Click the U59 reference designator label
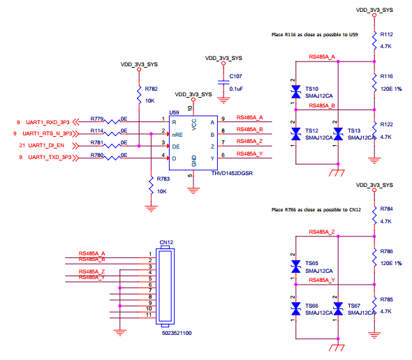174,112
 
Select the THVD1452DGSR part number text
232,173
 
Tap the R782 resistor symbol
139,94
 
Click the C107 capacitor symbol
223,82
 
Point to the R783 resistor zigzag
151,185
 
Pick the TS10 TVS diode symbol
296,92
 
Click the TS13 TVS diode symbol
338,134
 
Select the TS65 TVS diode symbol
296,267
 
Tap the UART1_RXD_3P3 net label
47,122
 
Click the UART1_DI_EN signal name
46,145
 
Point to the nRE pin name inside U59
177,135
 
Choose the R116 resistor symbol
374,82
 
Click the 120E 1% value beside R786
391,263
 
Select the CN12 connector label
166,242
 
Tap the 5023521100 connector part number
177,333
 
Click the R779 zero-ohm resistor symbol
112,121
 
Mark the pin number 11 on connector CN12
149,315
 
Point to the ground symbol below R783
151,209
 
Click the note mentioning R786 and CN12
316,210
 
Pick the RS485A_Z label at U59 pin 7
249,141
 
